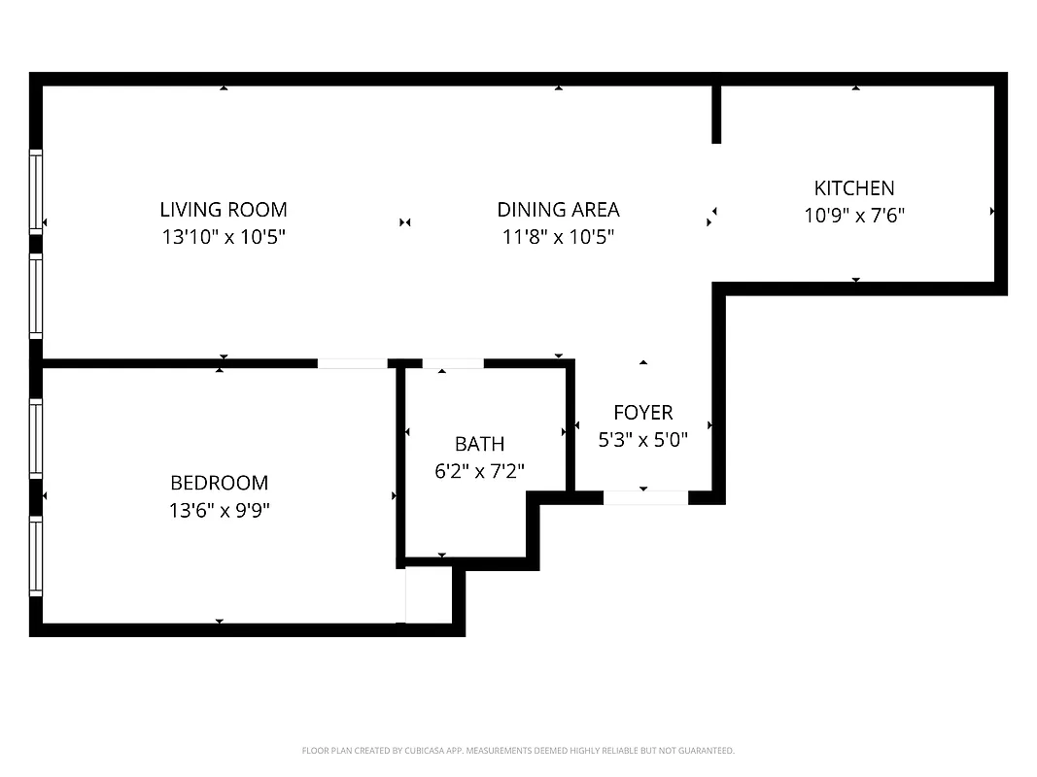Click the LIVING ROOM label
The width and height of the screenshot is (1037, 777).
(224, 209)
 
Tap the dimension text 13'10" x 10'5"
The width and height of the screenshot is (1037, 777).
(224, 236)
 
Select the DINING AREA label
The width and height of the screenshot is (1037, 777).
(558, 209)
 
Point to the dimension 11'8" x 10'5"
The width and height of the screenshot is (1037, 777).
(558, 236)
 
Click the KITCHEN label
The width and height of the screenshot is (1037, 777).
(854, 187)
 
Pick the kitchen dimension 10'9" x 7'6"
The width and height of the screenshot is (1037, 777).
(854, 215)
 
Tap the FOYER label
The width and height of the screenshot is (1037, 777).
(642, 413)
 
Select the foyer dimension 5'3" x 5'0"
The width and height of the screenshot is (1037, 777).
(642, 439)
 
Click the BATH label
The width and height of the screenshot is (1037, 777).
(480, 444)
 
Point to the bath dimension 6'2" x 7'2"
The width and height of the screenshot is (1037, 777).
(480, 471)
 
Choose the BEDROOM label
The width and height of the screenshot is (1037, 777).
(219, 483)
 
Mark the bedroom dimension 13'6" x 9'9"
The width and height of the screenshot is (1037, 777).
(219, 510)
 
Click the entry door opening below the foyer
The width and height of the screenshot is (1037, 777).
(645, 497)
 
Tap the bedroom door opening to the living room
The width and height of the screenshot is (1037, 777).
(352, 363)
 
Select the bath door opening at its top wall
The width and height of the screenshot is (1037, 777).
(453, 363)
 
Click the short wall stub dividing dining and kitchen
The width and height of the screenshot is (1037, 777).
(716, 115)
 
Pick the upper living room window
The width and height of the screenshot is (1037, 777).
(36, 190)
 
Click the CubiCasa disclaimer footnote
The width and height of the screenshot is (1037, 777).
(518, 751)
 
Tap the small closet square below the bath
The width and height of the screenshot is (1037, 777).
(429, 594)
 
